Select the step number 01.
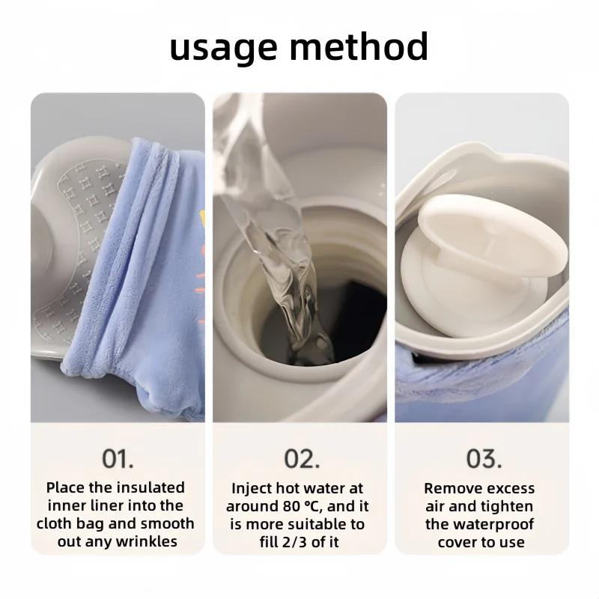(118, 457)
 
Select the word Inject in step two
(252, 488)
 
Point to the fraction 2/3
(295, 541)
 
